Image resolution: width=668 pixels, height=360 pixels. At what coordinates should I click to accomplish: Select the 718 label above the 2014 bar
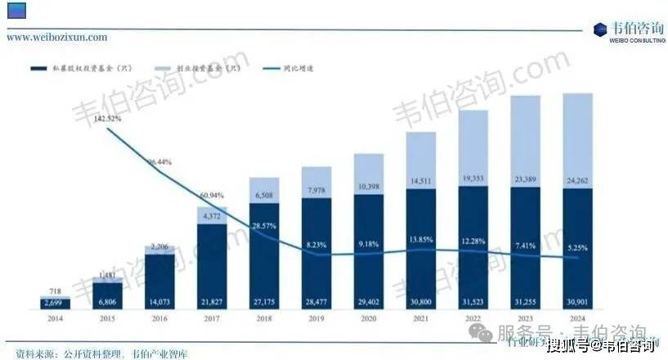[x=56, y=291]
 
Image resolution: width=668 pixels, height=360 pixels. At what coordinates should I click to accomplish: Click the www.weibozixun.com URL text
[x=56, y=37]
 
